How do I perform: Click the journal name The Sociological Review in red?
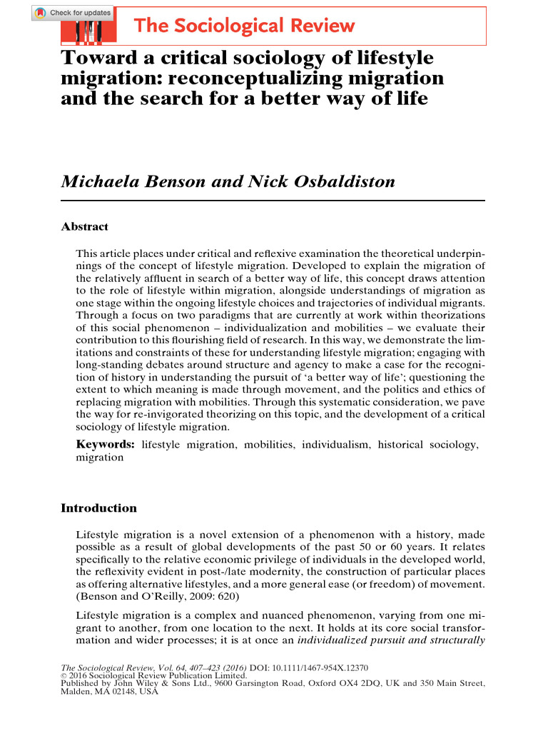tap(244, 26)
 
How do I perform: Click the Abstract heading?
tap(84, 227)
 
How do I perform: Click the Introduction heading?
tap(98, 508)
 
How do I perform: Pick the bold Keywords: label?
tap(106, 445)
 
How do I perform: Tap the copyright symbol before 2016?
tap(64, 676)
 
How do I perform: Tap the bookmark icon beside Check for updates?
tap(41, 13)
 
